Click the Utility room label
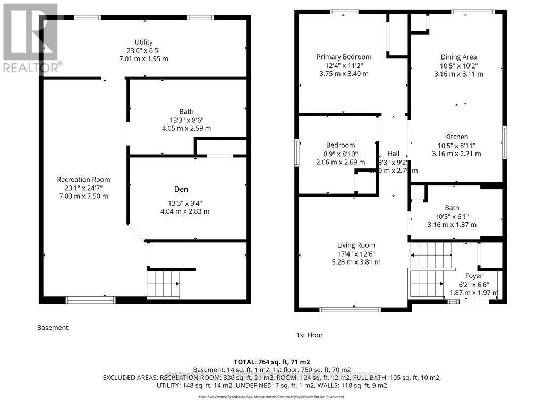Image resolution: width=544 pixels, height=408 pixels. (143, 42)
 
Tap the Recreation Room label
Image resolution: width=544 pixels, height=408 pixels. (83, 180)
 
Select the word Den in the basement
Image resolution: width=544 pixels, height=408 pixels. (181, 189)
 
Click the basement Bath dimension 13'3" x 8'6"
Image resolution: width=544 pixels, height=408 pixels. (186, 120)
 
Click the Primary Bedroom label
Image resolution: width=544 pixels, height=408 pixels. (344, 57)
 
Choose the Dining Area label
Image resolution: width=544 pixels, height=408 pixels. (458, 57)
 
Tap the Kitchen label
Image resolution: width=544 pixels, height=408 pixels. (456, 137)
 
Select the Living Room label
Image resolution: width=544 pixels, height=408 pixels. (356, 245)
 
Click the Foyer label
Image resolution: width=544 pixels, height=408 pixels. (474, 276)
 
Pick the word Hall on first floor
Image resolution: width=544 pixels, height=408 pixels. (393, 154)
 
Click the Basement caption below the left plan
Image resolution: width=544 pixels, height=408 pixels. (53, 328)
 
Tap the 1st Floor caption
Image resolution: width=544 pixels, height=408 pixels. (309, 335)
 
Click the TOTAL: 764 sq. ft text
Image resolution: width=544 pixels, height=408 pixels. (271, 361)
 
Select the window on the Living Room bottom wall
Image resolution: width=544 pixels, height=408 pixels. (350, 309)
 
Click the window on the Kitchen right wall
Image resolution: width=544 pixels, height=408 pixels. (505, 142)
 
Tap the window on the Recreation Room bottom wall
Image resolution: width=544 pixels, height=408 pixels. (90, 300)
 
